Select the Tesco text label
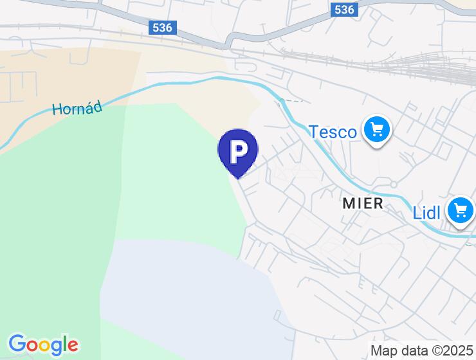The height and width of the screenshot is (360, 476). (x=333, y=132)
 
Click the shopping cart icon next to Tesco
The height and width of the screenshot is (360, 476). (x=376, y=130)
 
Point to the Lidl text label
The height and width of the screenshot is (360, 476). (x=426, y=213)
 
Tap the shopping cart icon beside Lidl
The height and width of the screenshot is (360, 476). (x=461, y=210)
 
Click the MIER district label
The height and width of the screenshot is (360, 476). (x=363, y=204)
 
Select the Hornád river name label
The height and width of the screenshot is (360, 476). (x=77, y=109)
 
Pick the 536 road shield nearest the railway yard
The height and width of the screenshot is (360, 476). (x=345, y=10)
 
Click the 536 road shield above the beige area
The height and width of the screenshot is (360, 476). (x=161, y=28)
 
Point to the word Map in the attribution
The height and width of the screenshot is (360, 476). (x=384, y=350)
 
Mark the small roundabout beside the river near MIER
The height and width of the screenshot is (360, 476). (x=394, y=184)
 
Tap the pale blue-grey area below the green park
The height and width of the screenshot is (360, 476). (x=187, y=289)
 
